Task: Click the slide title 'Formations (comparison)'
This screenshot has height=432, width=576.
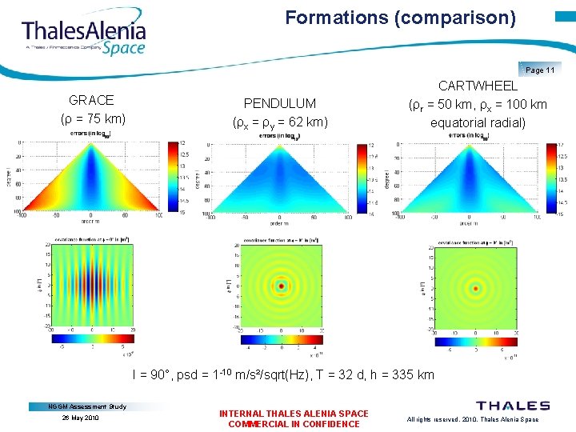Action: pyautogui.click(x=401, y=17)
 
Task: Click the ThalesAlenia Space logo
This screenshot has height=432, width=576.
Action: pyautogui.click(x=83, y=35)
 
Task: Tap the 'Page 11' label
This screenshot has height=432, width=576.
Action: pyautogui.click(x=540, y=70)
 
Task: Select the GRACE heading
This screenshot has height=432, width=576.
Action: pyautogui.click(x=91, y=100)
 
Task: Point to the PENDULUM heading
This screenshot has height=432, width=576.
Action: pyautogui.click(x=279, y=103)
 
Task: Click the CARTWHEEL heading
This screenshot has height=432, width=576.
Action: pyautogui.click(x=478, y=86)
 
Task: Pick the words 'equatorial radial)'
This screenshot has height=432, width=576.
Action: pyautogui.click(x=478, y=122)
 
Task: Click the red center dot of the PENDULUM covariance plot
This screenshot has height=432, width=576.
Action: pyautogui.click(x=282, y=285)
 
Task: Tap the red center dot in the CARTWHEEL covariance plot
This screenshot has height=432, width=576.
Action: pyautogui.click(x=476, y=287)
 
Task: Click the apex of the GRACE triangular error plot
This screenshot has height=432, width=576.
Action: pyautogui.click(x=90, y=146)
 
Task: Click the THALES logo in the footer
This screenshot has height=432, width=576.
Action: pyautogui.click(x=513, y=406)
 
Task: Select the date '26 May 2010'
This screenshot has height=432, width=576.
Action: pyautogui.click(x=79, y=418)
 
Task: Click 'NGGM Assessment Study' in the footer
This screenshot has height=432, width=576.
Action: pyautogui.click(x=87, y=406)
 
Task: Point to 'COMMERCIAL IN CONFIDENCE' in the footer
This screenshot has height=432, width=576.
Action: pyautogui.click(x=294, y=424)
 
